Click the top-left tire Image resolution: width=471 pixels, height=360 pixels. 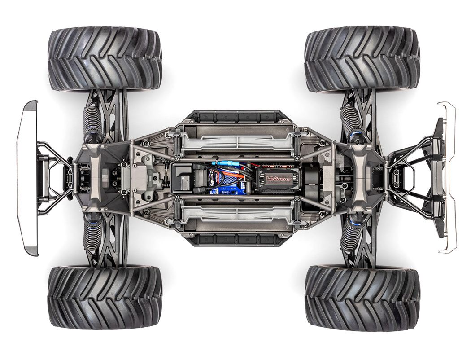coord(105,58)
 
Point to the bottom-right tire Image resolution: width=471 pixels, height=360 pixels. coord(362,298)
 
